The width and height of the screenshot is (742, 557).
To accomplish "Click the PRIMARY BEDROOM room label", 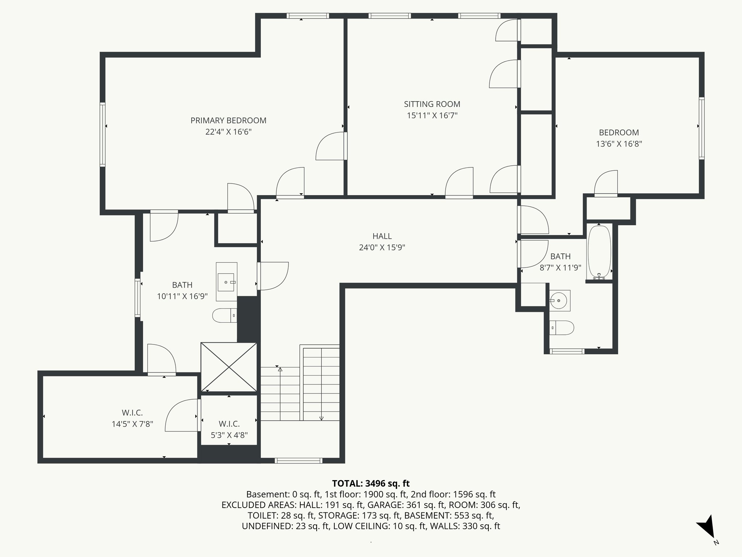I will tap(228, 120).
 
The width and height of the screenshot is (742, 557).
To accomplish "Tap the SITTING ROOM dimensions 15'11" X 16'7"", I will tap(432, 116).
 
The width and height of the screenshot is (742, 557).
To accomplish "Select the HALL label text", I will tap(382, 236).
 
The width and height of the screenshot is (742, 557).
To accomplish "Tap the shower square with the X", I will tap(229, 367).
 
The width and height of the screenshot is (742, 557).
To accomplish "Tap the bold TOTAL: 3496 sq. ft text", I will tap(371, 483).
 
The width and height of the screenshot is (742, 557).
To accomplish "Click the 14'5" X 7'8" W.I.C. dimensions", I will tap(132, 424).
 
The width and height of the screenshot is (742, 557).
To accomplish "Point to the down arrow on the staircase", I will tap(321, 417).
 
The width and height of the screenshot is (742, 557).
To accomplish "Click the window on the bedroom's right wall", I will tap(701, 128).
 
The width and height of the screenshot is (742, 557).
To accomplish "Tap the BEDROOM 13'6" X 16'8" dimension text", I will tap(619, 144).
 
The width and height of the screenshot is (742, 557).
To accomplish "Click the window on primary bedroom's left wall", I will tap(103, 134).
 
